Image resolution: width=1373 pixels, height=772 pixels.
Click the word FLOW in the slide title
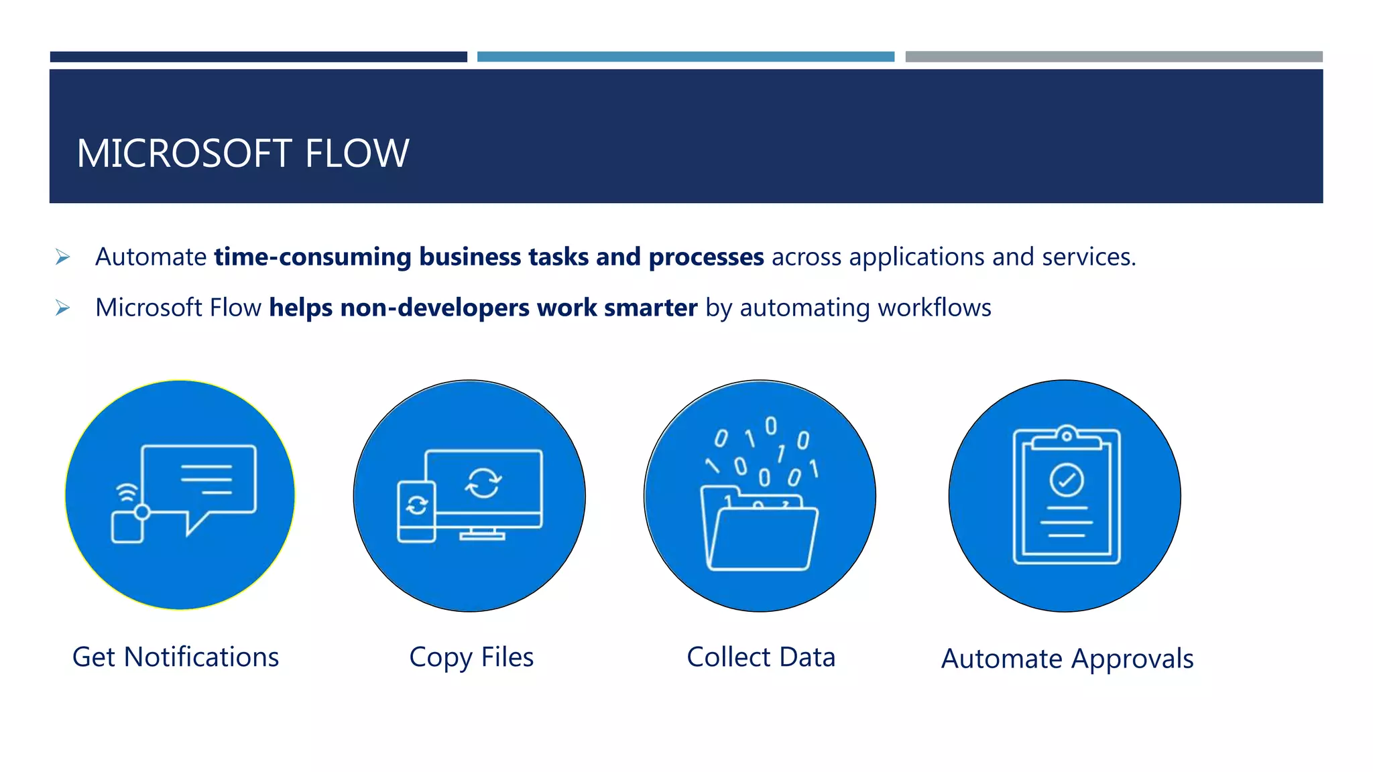[357, 153]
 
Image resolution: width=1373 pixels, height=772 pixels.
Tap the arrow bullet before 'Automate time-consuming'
[62, 257]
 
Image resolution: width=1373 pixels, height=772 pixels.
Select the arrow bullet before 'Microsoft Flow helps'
[62, 308]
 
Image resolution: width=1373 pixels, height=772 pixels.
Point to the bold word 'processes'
[706, 257]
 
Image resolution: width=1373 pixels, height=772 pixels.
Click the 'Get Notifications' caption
[176, 657]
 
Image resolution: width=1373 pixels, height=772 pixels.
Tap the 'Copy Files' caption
[471, 657]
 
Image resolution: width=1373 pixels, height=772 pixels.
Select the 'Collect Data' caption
[761, 657]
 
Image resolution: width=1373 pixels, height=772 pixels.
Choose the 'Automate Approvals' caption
[1067, 659]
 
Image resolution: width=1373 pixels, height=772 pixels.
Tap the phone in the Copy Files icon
[416, 511]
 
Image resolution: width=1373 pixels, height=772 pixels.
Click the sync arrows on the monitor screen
[483, 482]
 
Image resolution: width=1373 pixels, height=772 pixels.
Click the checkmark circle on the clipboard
[1066, 480]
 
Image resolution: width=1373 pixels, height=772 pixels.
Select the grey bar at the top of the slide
[1114, 57]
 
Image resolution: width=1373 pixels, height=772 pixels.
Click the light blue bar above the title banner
[685, 57]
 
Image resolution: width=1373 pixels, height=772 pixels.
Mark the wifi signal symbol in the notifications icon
[127, 493]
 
